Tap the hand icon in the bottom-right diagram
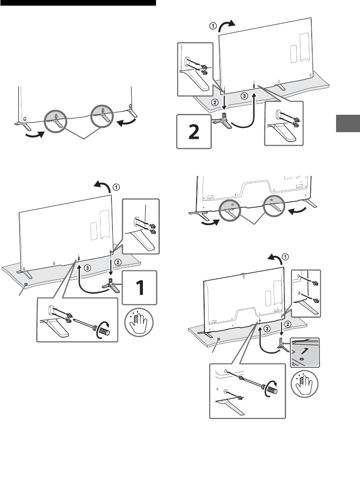pyautogui.click(x=304, y=387)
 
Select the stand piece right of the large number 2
pyautogui.click(x=225, y=122)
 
